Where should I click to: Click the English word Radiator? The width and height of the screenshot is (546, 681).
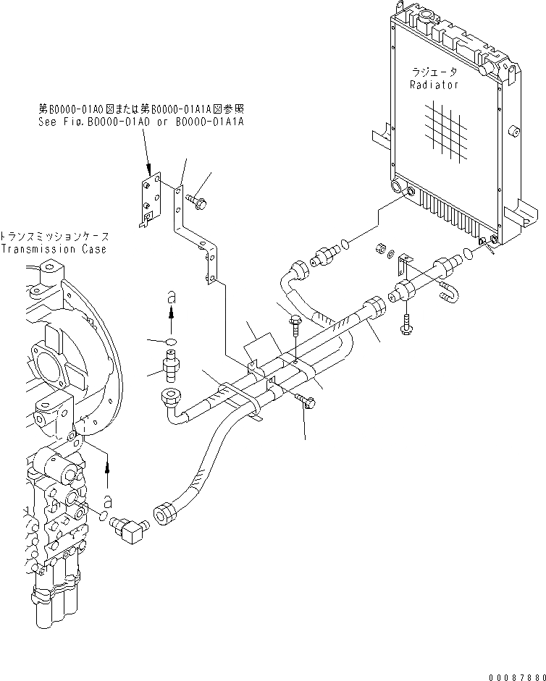(x=434, y=85)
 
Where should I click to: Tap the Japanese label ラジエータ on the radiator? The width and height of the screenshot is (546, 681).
(x=434, y=73)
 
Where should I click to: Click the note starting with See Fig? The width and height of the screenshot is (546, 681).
(x=140, y=122)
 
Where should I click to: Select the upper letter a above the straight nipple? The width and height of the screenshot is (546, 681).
(x=170, y=297)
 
